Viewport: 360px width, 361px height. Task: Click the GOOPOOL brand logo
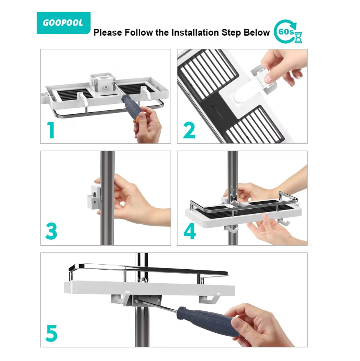click(63, 23)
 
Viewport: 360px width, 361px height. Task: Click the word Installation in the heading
click(195, 33)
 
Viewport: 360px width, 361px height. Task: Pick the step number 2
click(189, 130)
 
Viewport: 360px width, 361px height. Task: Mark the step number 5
click(51, 333)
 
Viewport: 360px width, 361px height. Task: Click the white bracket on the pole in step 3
click(94, 197)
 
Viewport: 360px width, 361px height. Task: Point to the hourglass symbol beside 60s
click(298, 38)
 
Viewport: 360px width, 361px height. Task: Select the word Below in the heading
click(257, 33)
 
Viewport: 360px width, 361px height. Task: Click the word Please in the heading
click(108, 33)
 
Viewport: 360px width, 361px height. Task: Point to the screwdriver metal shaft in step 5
click(157, 306)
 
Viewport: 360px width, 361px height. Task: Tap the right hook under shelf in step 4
click(284, 222)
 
